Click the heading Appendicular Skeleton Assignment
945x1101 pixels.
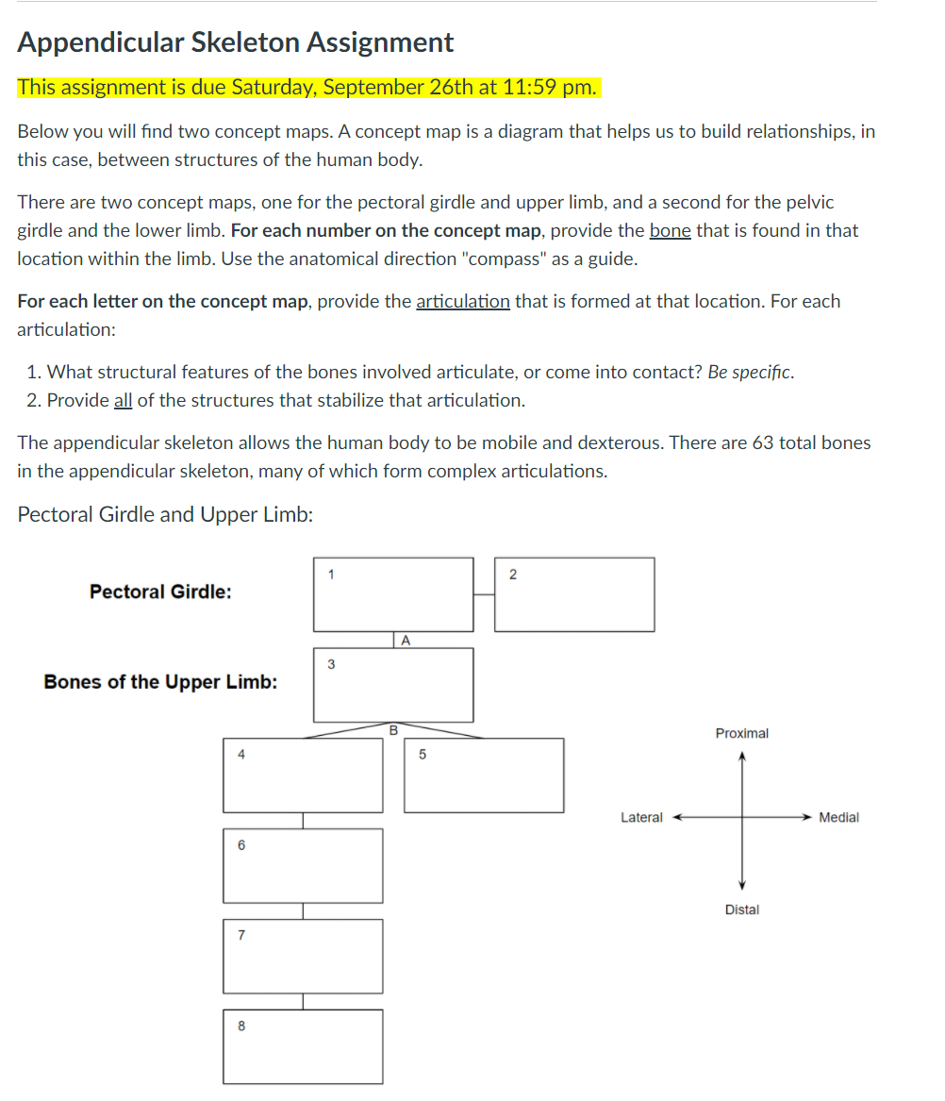[x=236, y=42]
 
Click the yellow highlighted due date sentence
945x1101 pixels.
[x=307, y=88]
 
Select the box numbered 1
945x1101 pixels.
[x=393, y=594]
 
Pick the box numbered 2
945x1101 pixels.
[x=574, y=594]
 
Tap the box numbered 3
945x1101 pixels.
[x=393, y=685]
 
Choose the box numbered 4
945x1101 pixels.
[x=303, y=776]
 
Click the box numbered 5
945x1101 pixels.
[x=484, y=776]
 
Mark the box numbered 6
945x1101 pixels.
[x=303, y=866]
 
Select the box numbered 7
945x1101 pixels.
[x=303, y=957]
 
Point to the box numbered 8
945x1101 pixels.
[x=303, y=1047]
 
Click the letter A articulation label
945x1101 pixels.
[x=405, y=641]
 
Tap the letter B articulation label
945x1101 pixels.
[x=393, y=729]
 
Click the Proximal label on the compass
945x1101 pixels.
[x=741, y=733]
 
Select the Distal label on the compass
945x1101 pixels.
[x=741, y=909]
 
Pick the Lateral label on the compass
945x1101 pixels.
[x=641, y=818]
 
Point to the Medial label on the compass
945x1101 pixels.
[x=838, y=818]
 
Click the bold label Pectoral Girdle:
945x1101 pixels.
[x=160, y=592]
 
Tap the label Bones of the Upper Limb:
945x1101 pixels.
[x=160, y=682]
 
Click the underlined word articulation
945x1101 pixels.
[x=462, y=302]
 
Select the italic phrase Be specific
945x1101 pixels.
[x=751, y=373]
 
